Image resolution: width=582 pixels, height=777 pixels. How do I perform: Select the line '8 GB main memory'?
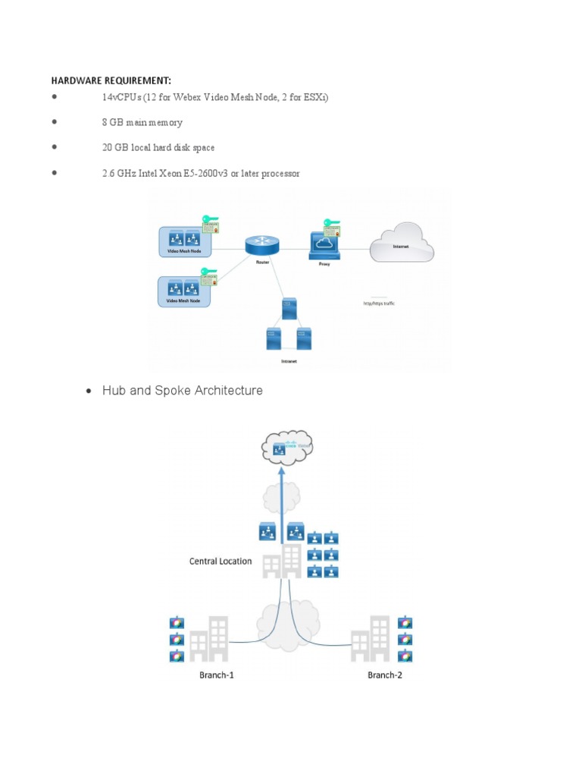coord(142,122)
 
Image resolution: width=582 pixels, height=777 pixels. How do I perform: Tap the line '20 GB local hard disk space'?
coord(158,147)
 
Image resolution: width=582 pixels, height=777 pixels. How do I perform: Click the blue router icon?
coord(262,245)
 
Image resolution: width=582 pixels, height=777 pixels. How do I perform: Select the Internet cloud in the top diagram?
coord(401,243)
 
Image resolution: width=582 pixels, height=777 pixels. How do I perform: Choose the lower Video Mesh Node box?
coord(183,291)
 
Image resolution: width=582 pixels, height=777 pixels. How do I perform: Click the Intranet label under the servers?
coord(289,362)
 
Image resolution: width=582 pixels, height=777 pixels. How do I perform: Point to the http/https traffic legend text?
coord(380,304)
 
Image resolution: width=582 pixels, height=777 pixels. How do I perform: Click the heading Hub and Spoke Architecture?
coord(182,391)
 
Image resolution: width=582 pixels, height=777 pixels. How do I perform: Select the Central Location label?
coord(221,562)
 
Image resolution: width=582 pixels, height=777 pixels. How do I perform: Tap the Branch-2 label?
coord(385,675)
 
